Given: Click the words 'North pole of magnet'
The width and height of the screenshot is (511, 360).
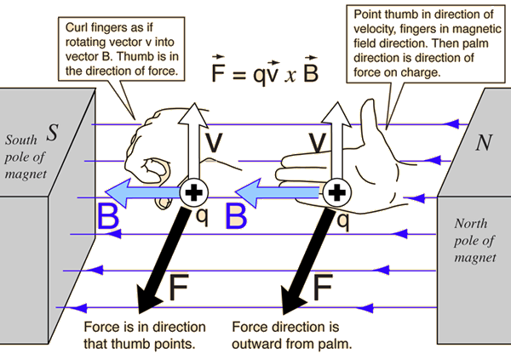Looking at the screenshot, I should [475, 239].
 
